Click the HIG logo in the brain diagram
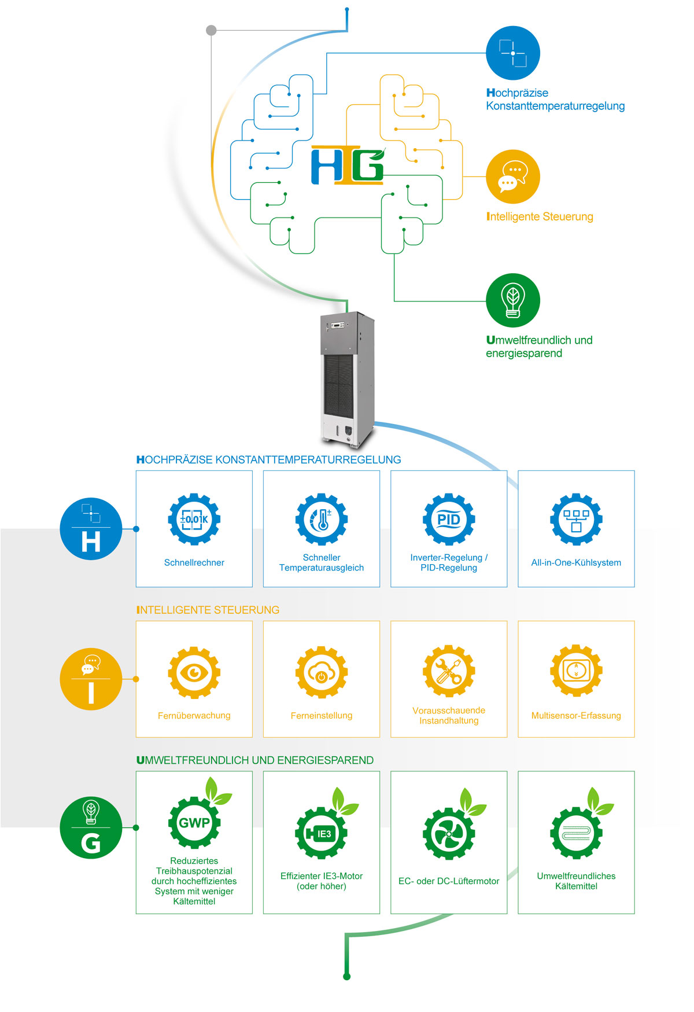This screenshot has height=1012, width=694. click(x=348, y=166)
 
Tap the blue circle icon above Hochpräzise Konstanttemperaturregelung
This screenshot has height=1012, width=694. click(x=512, y=53)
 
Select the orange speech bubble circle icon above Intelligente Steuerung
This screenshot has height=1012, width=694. click(x=512, y=177)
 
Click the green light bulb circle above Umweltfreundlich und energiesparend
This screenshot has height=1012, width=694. click(x=512, y=300)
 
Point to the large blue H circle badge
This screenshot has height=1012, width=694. click(x=91, y=529)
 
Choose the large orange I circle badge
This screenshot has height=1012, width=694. click(x=91, y=679)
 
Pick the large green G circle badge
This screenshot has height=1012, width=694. click(x=91, y=827)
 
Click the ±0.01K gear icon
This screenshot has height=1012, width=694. click(x=194, y=519)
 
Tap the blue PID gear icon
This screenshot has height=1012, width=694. click(x=449, y=519)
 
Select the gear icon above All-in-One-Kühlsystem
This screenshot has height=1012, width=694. click(x=576, y=519)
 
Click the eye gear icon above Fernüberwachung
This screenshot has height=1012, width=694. click(x=194, y=672)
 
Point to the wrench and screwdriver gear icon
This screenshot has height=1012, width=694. click(x=449, y=671)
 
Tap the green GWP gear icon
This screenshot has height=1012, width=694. click(x=194, y=822)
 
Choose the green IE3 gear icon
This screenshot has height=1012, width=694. click(x=322, y=833)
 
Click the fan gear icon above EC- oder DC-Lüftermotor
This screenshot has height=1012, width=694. click(x=449, y=834)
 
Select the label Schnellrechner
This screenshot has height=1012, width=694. click(x=194, y=562)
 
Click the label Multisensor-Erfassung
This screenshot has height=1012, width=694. click(x=576, y=716)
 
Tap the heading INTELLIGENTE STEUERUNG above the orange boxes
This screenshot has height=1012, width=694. click(x=208, y=610)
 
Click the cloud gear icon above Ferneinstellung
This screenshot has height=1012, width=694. click(x=322, y=672)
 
